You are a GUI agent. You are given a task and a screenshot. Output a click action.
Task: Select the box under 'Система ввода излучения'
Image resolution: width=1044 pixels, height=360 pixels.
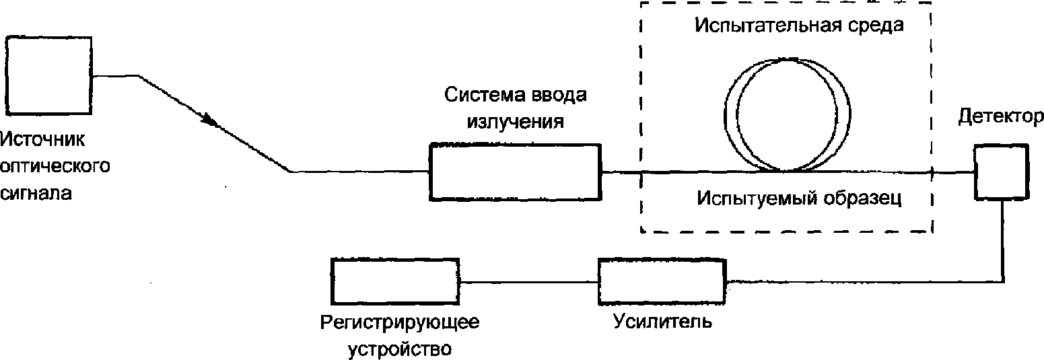[516, 172]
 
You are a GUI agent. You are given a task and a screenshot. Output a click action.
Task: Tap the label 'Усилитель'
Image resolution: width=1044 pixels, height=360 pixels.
[662, 322]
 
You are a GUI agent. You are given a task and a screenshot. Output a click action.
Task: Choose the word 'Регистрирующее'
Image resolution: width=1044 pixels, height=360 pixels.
[400, 322]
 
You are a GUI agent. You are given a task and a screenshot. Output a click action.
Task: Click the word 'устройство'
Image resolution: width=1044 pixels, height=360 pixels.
[400, 349]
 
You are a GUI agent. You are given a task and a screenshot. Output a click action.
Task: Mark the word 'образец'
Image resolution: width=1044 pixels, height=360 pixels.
[864, 199]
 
